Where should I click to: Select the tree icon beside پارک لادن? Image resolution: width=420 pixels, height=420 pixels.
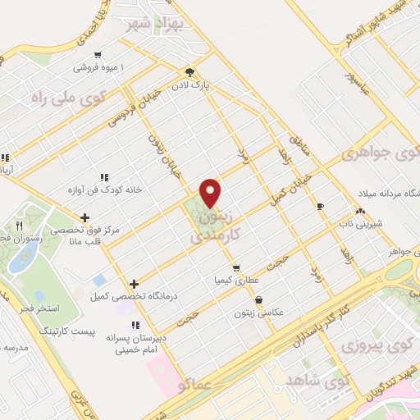[190, 71]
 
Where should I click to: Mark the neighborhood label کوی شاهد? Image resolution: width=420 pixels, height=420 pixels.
[318, 381]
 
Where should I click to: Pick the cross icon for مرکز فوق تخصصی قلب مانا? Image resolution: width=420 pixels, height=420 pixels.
[85, 217]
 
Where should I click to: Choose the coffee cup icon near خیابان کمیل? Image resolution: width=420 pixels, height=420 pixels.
[320, 205]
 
